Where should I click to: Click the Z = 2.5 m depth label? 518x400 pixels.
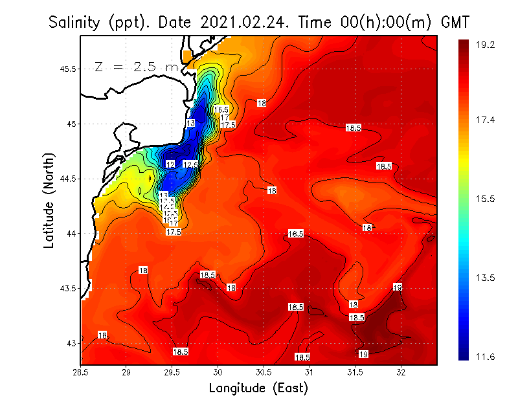(x=136, y=67)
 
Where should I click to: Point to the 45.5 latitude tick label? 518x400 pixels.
(x=65, y=69)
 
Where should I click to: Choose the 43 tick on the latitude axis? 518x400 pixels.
(x=70, y=343)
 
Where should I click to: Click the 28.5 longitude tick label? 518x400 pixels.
(x=81, y=372)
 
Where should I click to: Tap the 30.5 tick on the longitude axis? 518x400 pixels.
(x=264, y=372)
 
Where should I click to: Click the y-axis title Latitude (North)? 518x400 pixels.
(x=49, y=201)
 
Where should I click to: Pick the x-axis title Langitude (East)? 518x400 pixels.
(x=258, y=388)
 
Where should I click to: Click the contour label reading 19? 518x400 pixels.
(x=363, y=354)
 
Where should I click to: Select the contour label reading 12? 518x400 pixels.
(x=170, y=164)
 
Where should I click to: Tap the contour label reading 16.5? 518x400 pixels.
(x=221, y=110)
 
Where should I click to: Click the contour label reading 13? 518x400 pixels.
(x=190, y=123)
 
